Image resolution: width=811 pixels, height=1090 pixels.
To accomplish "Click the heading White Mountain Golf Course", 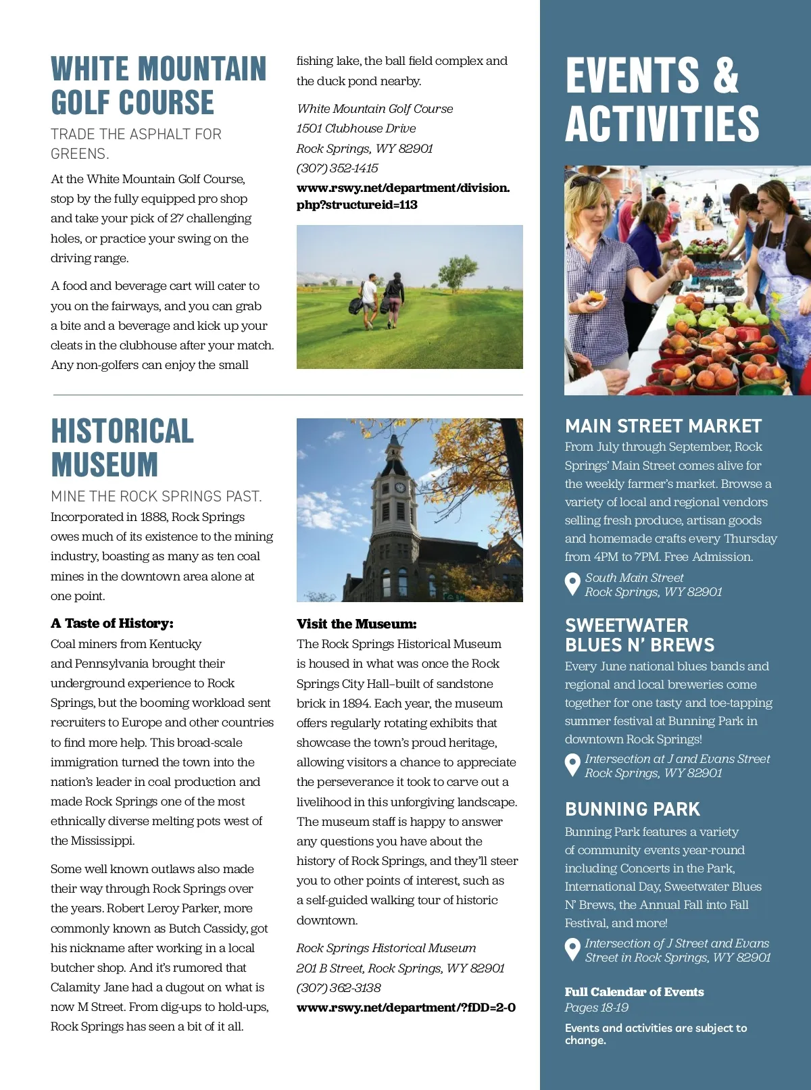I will [158, 86].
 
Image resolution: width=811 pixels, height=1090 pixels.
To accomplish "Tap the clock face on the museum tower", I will [399, 488].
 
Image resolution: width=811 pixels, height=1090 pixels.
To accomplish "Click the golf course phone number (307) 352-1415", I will [337, 168].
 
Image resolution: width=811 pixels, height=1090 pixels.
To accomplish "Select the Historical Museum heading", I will [122, 448].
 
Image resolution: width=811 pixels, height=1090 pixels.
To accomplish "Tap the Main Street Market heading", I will [663, 426].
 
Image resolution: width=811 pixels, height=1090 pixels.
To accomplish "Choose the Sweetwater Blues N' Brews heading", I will [639, 635].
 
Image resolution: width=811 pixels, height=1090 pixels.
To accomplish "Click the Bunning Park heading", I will [633, 809].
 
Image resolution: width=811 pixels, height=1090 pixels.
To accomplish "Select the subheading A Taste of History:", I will [112, 624].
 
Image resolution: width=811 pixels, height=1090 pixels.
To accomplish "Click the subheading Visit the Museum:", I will [356, 624].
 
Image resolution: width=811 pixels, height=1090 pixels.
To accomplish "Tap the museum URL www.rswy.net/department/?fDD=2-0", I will [405, 1008].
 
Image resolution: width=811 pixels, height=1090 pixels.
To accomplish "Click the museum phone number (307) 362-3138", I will [339, 988].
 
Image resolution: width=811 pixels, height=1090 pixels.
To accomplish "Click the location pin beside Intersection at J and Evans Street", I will [572, 765].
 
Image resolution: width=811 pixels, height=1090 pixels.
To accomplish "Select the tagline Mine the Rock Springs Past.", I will [156, 497].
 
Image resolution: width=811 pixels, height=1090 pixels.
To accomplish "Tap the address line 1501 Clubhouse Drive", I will [356, 128].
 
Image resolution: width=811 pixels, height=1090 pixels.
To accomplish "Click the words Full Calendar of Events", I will [634, 992].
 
